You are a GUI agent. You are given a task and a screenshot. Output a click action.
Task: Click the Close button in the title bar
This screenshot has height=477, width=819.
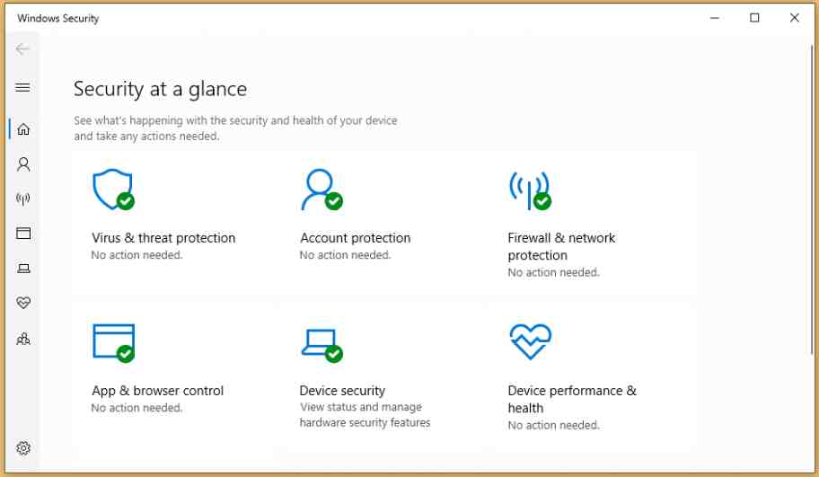point(794,18)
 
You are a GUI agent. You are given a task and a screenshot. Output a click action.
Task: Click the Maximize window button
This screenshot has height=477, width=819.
point(754,18)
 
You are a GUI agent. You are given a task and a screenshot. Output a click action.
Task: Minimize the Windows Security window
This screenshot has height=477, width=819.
point(715,18)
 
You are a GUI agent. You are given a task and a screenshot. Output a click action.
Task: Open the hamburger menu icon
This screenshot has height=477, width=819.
point(23,87)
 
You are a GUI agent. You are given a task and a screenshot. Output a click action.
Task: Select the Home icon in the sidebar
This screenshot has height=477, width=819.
point(23,129)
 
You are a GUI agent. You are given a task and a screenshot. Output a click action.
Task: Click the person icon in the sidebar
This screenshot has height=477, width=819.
point(23,164)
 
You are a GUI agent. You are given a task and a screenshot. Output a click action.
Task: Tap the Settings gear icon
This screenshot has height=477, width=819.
point(23,448)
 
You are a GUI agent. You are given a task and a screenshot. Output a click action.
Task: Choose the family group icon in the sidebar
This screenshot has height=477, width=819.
point(23,339)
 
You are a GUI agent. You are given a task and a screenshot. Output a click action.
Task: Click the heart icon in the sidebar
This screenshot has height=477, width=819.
point(23,304)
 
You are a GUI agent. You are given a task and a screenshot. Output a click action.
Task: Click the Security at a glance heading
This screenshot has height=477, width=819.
point(160,89)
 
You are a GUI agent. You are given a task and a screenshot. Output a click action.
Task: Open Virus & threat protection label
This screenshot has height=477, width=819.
point(163,238)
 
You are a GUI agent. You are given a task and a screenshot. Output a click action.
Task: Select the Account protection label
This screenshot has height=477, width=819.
point(355,238)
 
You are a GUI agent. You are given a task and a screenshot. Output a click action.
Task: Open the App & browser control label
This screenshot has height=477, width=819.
point(157,391)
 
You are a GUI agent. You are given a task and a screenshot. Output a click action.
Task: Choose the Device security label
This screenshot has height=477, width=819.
point(342,391)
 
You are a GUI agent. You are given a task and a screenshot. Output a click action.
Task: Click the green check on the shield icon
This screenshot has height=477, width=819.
point(126,201)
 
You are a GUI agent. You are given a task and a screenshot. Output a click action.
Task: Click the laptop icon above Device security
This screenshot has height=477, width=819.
point(318,340)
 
